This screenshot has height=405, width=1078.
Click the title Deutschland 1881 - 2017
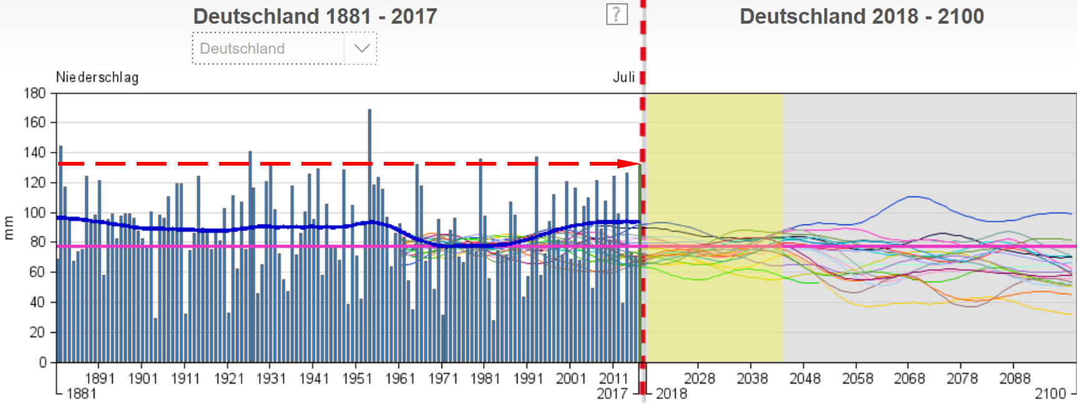point(315,16)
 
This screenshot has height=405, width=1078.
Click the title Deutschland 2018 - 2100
point(861,16)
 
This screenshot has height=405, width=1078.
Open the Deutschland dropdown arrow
point(361,48)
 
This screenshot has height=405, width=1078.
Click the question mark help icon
point(616,14)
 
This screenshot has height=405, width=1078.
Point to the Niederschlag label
point(97,77)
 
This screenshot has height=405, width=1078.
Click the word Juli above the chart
point(624,77)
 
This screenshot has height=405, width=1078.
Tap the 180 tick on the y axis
point(35,94)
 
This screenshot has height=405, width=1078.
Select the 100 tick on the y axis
point(35,212)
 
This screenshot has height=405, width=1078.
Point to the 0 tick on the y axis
point(42,362)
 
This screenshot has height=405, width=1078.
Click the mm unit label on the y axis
point(9,227)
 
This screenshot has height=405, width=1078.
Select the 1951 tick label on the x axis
point(356,379)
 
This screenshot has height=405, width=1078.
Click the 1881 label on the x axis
point(81,394)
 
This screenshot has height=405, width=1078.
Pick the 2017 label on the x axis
point(612,394)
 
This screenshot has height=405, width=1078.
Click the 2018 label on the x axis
point(672,394)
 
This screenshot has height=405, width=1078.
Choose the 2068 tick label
point(909,379)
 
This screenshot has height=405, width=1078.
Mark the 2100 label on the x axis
point(1051,394)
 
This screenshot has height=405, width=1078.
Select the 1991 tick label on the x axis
point(528,379)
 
